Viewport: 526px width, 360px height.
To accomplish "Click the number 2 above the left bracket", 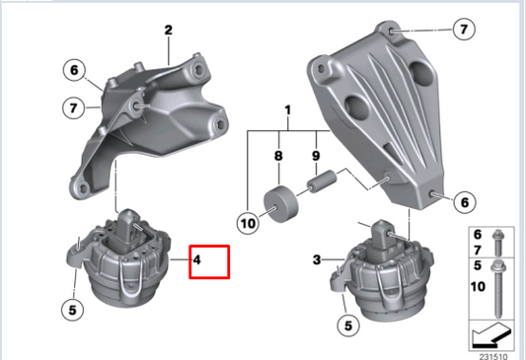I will (x=169, y=31).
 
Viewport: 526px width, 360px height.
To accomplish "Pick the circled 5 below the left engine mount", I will (x=71, y=309).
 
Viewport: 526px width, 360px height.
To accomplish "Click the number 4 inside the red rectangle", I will (x=197, y=260).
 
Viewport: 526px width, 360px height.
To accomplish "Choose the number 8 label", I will (x=278, y=155).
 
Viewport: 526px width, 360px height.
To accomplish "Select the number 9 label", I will (x=317, y=155).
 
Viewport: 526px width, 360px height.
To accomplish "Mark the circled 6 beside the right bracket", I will (x=464, y=201).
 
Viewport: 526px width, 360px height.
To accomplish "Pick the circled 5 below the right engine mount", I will (x=346, y=323).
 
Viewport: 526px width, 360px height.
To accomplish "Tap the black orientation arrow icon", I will (x=490, y=331).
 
